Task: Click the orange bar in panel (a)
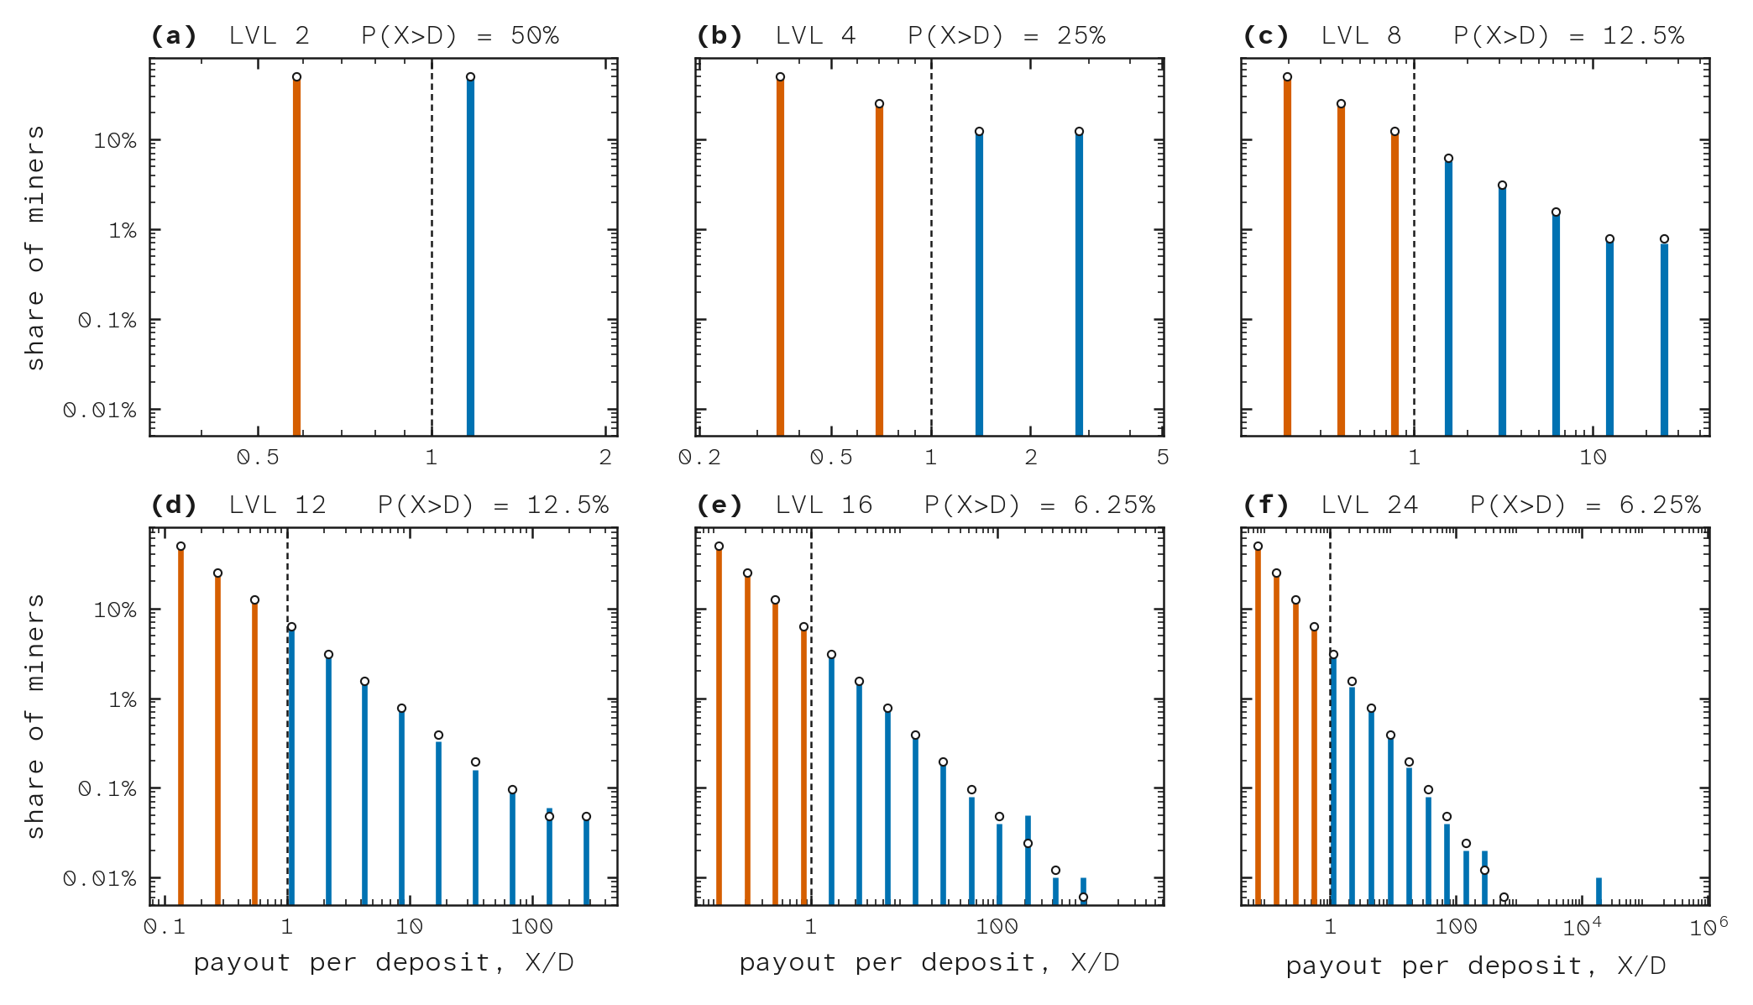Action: click(296, 256)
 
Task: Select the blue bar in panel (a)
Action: click(470, 256)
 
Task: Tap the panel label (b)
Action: click(720, 36)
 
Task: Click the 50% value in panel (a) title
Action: click(535, 36)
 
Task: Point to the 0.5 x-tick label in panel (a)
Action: click(258, 458)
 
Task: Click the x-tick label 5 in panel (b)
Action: click(1163, 458)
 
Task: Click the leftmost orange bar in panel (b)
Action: click(780, 256)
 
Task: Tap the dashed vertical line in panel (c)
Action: click(1414, 247)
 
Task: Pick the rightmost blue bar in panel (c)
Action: click(1664, 339)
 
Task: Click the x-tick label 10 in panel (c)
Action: click(1593, 458)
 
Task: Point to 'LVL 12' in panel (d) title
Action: click(277, 505)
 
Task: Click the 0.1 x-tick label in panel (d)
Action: click(164, 927)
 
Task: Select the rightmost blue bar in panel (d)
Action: click(586, 861)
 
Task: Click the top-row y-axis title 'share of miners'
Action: click(34, 248)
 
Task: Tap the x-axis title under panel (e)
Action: click(929, 963)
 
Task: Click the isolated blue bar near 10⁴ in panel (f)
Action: click(1599, 892)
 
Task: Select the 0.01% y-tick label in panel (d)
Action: click(100, 879)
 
